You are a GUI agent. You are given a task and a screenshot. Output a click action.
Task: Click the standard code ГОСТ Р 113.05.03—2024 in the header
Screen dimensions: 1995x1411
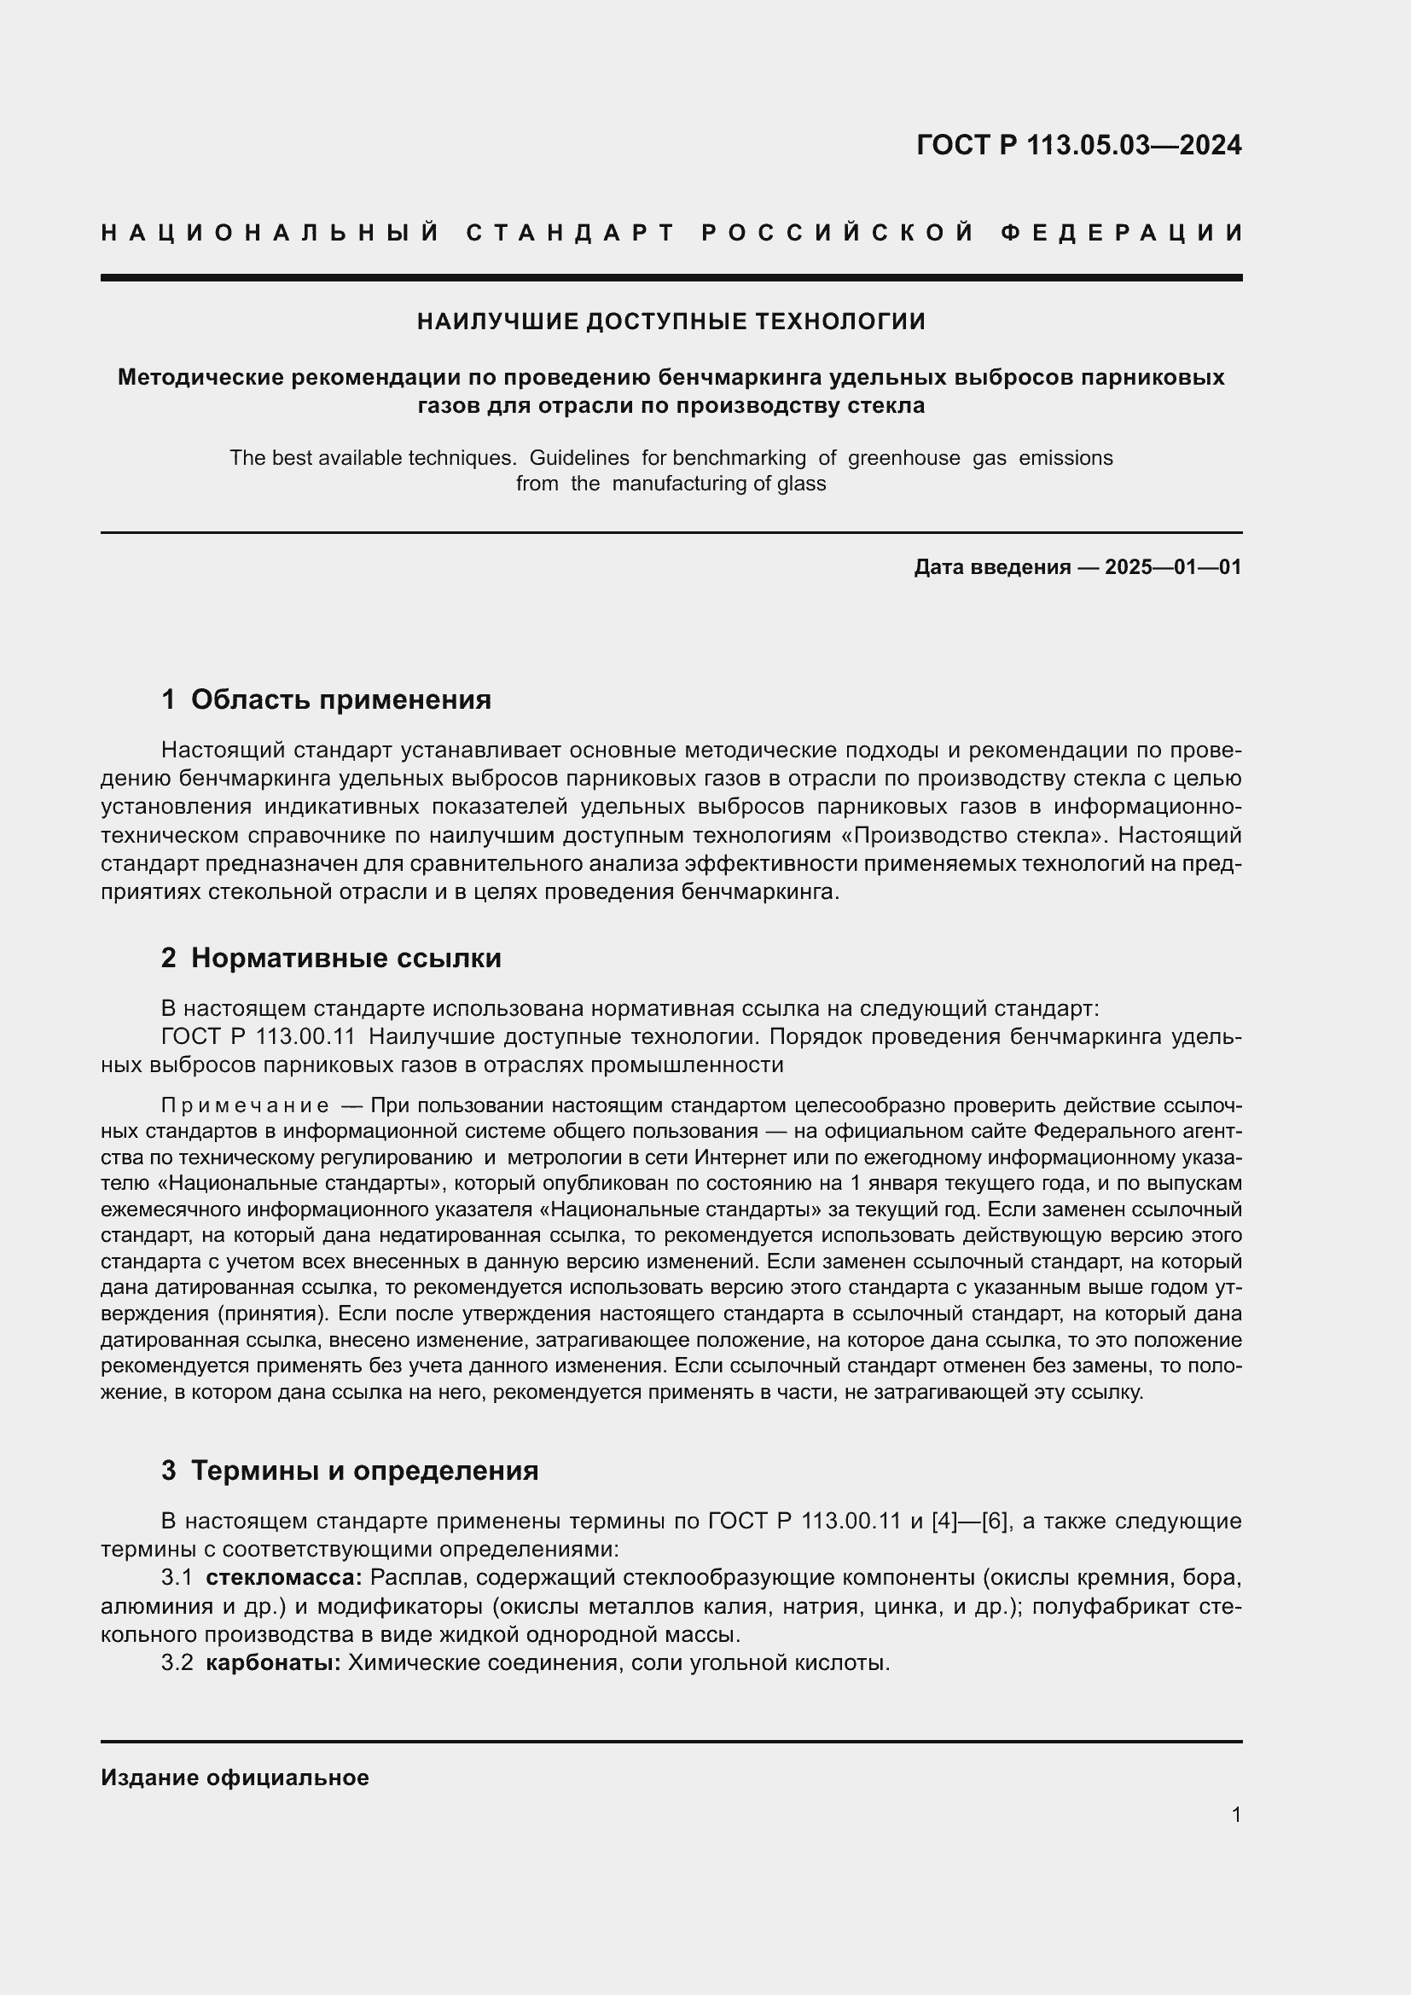(1078, 145)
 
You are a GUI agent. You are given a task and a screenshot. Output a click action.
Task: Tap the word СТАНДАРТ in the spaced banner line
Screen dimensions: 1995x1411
(571, 233)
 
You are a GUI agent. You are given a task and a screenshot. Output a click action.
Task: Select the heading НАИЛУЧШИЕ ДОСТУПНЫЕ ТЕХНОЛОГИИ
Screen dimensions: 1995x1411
(671, 322)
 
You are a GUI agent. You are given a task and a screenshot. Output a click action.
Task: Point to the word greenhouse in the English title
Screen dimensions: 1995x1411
(903, 458)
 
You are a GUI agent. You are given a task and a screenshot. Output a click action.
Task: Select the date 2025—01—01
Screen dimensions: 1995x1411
(1173, 567)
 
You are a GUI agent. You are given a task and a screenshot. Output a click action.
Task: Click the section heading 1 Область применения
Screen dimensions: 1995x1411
(326, 699)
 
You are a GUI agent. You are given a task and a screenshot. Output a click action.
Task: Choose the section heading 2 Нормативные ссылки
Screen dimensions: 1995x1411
(331, 958)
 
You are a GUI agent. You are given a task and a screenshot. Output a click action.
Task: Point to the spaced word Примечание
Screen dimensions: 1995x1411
(245, 1105)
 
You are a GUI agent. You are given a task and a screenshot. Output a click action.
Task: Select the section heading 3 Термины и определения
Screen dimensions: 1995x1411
(349, 1470)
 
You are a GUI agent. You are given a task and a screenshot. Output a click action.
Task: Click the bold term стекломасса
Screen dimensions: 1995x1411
(283, 1577)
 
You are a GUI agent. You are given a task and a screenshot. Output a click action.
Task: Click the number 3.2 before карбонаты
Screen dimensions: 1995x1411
(177, 1663)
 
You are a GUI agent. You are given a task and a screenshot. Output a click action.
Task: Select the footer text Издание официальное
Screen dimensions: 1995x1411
(235, 1778)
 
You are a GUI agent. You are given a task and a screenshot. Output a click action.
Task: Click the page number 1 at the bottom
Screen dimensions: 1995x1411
(1235, 1815)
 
